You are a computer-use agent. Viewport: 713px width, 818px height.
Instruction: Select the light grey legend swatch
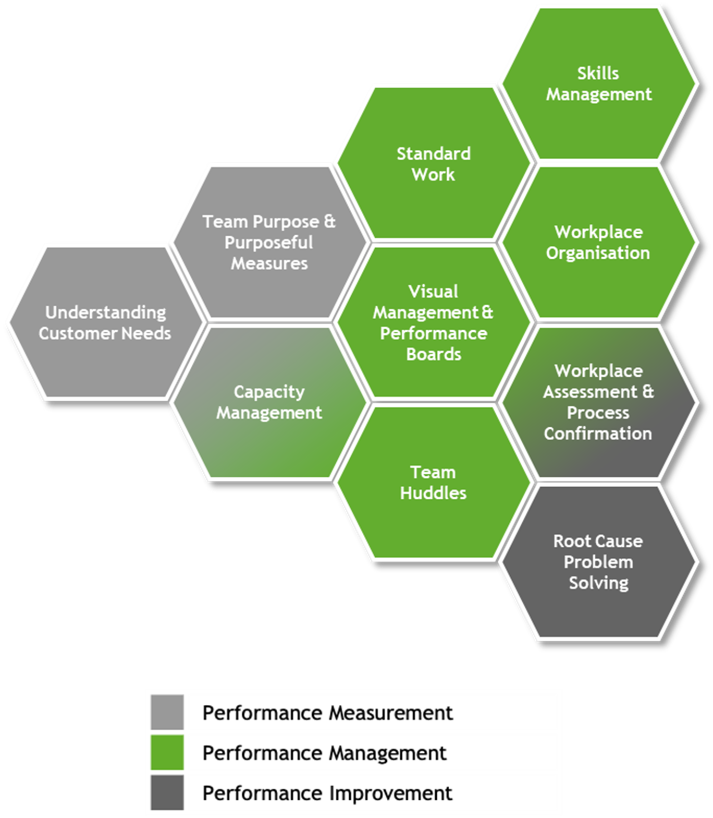[x=167, y=712]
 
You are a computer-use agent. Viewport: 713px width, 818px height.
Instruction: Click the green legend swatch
[x=167, y=752]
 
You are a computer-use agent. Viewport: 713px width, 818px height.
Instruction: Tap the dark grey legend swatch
[x=167, y=792]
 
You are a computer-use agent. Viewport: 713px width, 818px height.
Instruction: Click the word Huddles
[x=433, y=493]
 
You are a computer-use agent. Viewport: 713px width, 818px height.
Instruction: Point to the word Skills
[x=598, y=73]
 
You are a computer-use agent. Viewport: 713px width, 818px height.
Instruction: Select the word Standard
[x=433, y=153]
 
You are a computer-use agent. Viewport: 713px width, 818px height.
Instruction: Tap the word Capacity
[x=269, y=392]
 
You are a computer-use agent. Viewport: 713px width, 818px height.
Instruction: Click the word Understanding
[x=105, y=312]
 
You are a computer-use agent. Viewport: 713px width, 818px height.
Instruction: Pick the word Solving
[x=598, y=583]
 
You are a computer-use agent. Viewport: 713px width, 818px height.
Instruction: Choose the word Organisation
[x=598, y=253]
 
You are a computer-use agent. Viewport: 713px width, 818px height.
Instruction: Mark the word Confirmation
[x=598, y=434]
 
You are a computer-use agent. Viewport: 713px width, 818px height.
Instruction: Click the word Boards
[x=434, y=354]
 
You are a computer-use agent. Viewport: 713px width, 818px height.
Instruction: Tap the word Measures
[x=269, y=263]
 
